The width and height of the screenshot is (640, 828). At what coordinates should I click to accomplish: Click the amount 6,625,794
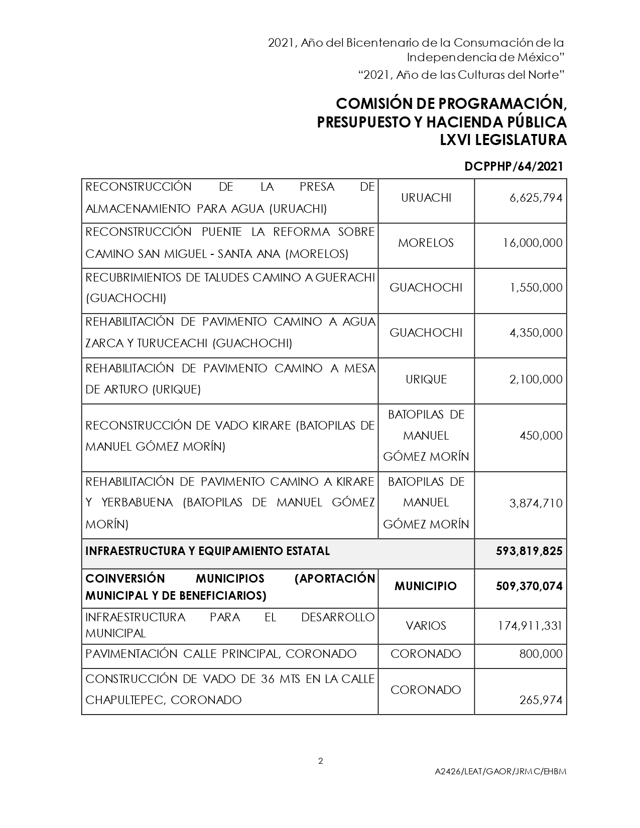(536, 198)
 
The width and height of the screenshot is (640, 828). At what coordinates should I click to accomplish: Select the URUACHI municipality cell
(426, 198)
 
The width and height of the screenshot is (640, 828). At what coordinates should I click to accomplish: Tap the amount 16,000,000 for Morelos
(533, 243)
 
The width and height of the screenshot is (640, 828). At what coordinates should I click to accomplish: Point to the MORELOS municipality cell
(426, 243)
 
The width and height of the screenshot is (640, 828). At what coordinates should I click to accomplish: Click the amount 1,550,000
(536, 288)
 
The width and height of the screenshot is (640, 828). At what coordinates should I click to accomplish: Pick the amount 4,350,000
(536, 333)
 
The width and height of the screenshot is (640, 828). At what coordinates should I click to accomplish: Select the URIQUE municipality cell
(426, 379)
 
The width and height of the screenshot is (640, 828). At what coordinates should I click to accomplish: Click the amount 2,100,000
(536, 379)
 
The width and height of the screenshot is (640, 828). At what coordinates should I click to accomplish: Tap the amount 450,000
(541, 436)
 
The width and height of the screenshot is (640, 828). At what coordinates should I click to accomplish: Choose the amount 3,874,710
(536, 503)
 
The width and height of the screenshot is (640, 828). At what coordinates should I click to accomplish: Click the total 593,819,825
(529, 551)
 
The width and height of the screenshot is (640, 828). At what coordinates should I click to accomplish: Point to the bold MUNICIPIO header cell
(426, 586)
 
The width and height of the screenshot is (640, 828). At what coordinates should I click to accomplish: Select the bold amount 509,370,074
(529, 586)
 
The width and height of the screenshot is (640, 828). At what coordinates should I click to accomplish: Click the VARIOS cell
(426, 626)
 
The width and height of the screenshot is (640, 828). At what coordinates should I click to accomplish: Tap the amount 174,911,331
(530, 626)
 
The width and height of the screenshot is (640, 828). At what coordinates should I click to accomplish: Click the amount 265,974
(541, 700)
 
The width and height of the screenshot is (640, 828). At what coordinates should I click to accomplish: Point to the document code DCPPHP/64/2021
(514, 167)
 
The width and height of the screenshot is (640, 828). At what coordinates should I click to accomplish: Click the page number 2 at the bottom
(321, 761)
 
